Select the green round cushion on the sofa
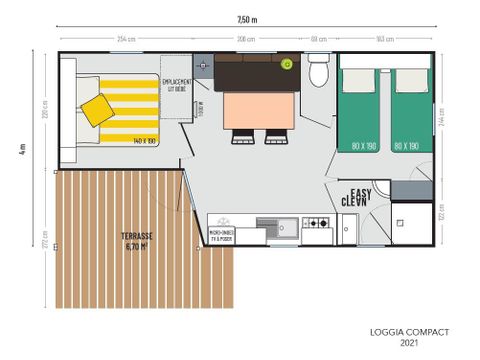coord(288,64)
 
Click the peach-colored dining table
coord(258,110)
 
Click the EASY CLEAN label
coord(362,197)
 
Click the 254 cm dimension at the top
coord(126,38)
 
